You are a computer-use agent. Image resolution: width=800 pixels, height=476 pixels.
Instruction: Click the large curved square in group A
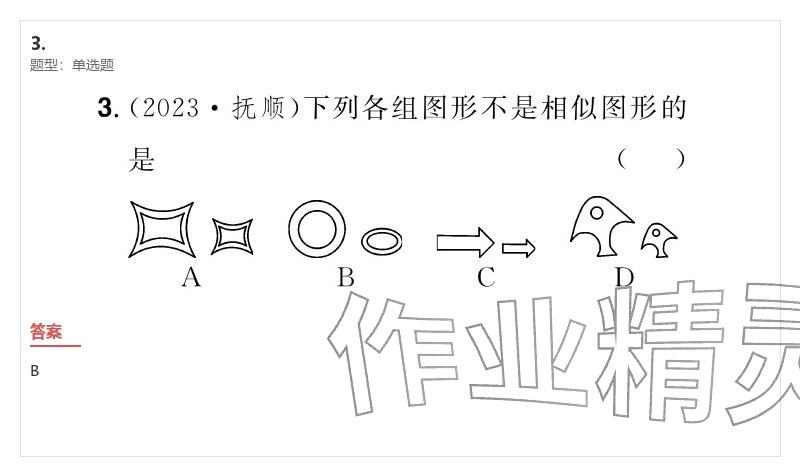tap(161, 230)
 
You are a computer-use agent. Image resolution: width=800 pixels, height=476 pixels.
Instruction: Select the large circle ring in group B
tap(317, 228)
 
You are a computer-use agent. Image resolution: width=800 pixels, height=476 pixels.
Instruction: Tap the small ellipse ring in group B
tap(382, 241)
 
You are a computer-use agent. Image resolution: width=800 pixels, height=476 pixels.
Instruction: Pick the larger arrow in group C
tap(465, 242)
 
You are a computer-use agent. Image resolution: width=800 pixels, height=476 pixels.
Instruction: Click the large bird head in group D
tap(600, 222)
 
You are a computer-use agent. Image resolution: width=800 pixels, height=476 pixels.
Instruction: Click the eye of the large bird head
tap(597, 212)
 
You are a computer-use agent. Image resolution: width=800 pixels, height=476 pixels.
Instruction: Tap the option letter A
tap(191, 278)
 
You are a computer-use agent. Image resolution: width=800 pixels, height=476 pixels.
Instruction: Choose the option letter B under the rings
tap(345, 278)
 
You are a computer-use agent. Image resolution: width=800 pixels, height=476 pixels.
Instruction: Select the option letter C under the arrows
tap(486, 278)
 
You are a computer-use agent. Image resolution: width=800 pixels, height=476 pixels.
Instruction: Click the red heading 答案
tap(46, 332)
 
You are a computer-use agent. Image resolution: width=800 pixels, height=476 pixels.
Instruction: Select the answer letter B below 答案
tap(35, 371)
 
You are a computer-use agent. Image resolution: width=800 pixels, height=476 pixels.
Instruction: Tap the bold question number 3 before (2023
tap(107, 108)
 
